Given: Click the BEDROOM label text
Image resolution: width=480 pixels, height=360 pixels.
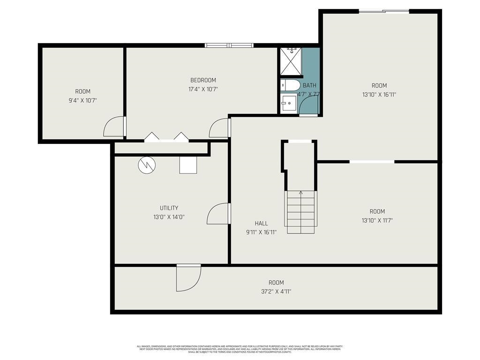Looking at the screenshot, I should click(203, 80).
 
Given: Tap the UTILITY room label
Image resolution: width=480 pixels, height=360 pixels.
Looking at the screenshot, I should click(169, 208).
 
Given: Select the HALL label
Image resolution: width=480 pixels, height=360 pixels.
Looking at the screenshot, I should click(261, 223).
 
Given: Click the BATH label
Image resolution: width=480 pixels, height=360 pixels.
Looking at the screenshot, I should click(309, 85).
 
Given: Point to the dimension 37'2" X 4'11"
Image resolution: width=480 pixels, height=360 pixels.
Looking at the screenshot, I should click(276, 291).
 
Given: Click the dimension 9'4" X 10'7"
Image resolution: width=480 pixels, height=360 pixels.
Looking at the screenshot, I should click(82, 100).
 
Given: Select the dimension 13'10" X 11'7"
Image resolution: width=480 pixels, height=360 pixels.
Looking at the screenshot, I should click(377, 220).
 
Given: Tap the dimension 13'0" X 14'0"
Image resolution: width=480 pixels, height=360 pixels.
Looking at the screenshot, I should click(169, 217).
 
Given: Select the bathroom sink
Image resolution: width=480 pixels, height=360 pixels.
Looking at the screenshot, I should click(289, 102).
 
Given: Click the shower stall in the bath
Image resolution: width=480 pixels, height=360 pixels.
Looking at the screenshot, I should click(291, 61).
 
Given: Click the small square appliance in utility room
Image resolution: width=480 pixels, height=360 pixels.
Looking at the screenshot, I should click(188, 165).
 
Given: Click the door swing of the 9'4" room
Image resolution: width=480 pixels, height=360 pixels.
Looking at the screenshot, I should click(114, 127).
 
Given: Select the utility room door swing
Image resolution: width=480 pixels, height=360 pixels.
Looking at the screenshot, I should click(218, 213).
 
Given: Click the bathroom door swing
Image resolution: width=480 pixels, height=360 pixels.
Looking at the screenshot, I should click(310, 106).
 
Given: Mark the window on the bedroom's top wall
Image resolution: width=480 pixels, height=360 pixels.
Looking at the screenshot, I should click(229, 45).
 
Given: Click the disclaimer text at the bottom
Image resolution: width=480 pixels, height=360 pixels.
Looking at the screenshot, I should click(240, 349).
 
